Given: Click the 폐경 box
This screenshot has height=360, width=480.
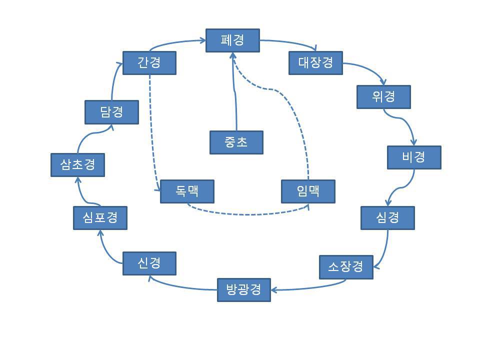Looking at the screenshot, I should tap(232, 40).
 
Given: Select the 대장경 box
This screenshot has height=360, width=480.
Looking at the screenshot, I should tap(316, 62).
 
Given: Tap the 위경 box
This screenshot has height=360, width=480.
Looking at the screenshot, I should tap(383, 97).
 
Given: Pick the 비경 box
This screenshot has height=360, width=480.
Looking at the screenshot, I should tap(414, 157).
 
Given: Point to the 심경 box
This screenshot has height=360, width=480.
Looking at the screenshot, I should tap(387, 218).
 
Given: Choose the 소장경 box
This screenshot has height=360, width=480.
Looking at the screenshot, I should tap(346, 267).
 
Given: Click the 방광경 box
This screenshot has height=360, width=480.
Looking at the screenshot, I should tap(244, 290).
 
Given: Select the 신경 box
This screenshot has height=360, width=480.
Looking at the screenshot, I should tap(149, 263).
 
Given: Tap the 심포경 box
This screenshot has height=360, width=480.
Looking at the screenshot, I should tap(100, 218).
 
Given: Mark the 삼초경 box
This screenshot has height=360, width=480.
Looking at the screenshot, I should tap(77, 165).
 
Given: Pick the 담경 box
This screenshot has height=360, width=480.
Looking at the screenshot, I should tap(111, 112).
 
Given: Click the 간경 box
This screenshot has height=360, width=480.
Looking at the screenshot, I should tap(149, 63).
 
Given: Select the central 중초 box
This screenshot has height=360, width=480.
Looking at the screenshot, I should tap(236, 142).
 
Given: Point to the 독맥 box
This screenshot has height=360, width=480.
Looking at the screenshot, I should tap(187, 191).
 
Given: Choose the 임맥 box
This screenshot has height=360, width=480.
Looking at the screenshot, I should tap(308, 191).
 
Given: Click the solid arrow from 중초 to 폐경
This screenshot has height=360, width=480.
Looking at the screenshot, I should tap(234, 90).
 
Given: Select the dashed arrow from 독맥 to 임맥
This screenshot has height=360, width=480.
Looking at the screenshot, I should tap(245, 214).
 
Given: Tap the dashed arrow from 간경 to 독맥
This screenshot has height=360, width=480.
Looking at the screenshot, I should tap(151, 130).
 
